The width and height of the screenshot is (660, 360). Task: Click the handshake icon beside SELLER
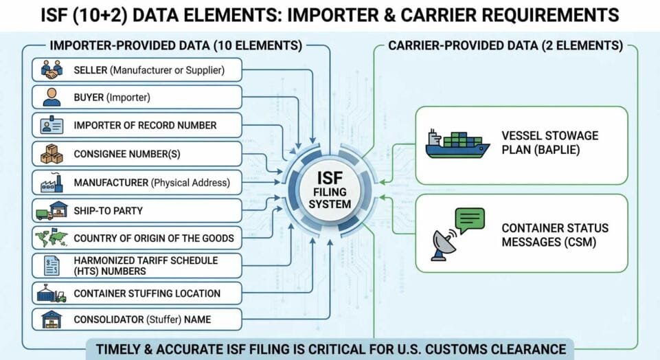point(52,69)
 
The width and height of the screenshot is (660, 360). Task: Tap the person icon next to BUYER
point(52,98)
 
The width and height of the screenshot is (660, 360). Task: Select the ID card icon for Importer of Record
point(52,126)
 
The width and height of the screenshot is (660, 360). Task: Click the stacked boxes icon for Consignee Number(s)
point(52,154)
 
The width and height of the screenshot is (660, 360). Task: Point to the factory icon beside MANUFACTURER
point(52,182)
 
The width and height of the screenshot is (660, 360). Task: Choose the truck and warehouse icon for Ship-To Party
point(51,210)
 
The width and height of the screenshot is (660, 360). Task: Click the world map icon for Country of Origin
point(52,238)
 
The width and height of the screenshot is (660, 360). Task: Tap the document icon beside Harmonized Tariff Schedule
point(52,266)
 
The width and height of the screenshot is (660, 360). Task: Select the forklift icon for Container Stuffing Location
point(52,294)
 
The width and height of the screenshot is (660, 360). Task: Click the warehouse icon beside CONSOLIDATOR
point(52,320)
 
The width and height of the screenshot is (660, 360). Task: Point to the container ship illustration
point(457,144)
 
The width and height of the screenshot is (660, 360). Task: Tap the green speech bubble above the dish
point(469,220)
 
